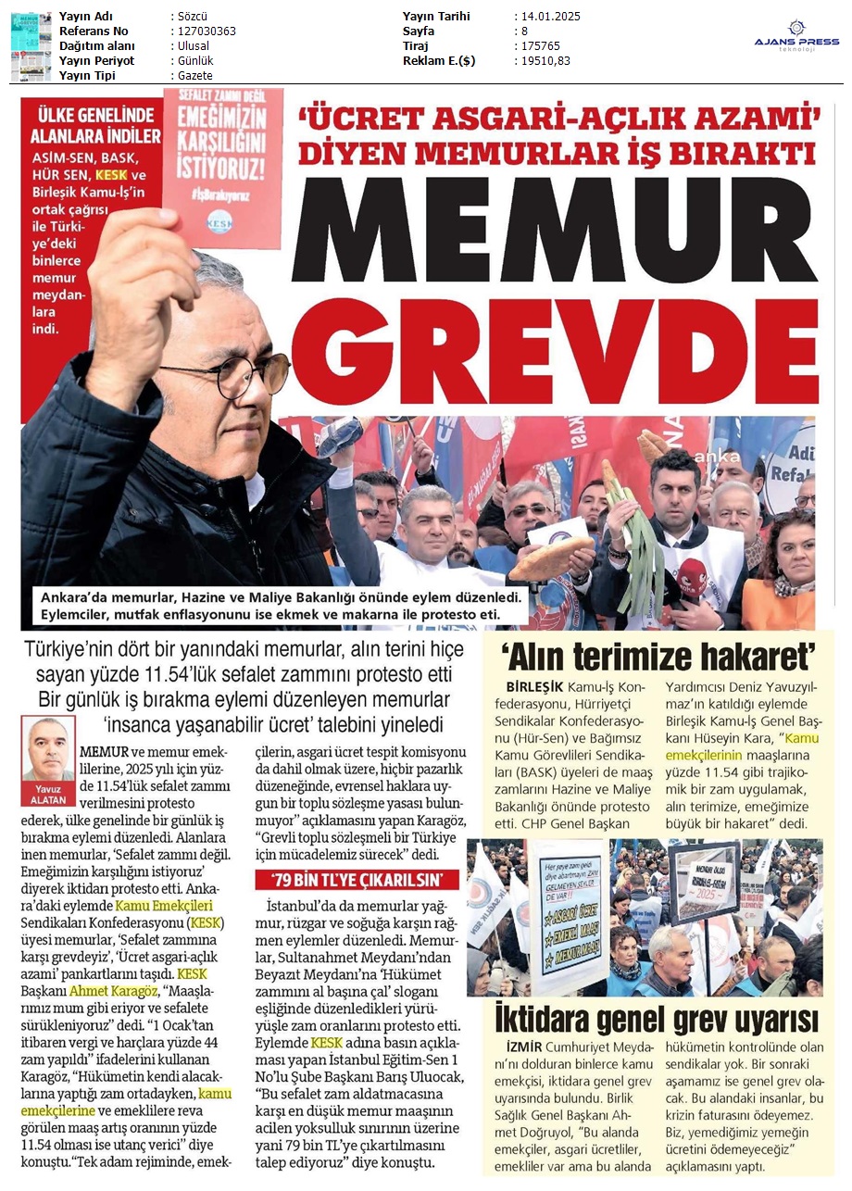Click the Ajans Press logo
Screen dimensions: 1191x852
796,40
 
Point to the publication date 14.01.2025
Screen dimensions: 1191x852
550,17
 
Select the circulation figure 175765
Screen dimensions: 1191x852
538,46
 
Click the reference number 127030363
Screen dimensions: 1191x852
204,31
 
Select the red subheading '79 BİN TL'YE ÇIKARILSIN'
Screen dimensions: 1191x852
357,879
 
